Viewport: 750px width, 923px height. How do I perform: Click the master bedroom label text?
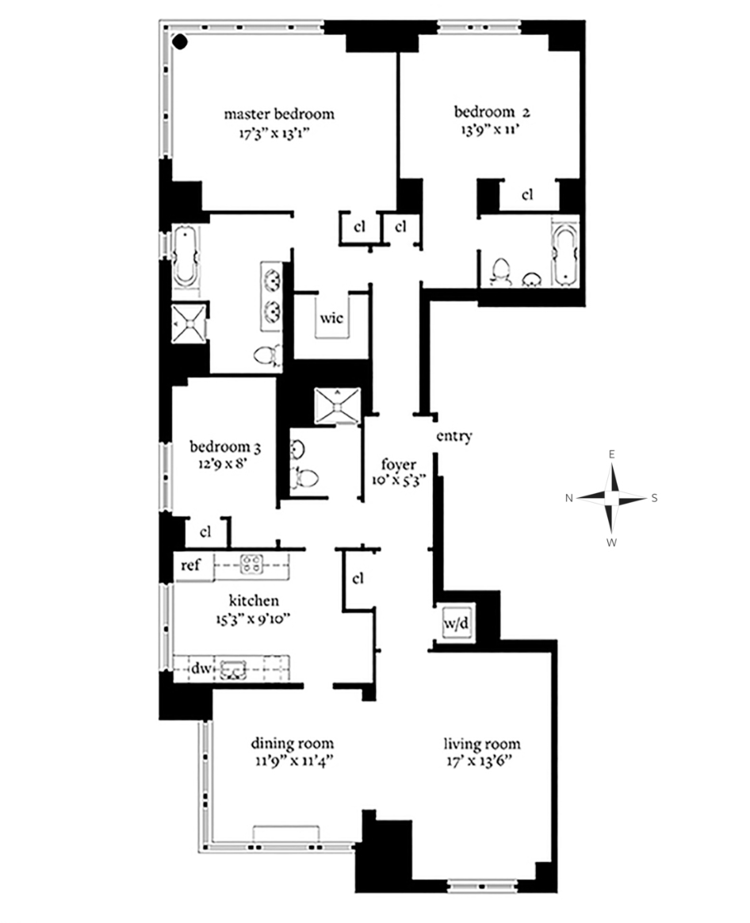[278, 114]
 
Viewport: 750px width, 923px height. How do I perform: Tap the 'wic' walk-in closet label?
[331, 319]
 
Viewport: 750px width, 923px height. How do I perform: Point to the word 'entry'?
[454, 436]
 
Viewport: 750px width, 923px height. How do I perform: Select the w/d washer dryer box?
[455, 624]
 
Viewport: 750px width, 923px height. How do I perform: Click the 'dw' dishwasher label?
[200, 668]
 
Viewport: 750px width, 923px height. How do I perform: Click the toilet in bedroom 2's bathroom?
[499, 271]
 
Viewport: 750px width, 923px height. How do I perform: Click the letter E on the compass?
[611, 454]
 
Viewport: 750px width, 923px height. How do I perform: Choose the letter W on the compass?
[611, 543]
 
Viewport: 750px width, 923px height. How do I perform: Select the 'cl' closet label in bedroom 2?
[527, 194]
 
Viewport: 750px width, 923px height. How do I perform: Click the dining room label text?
[292, 744]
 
